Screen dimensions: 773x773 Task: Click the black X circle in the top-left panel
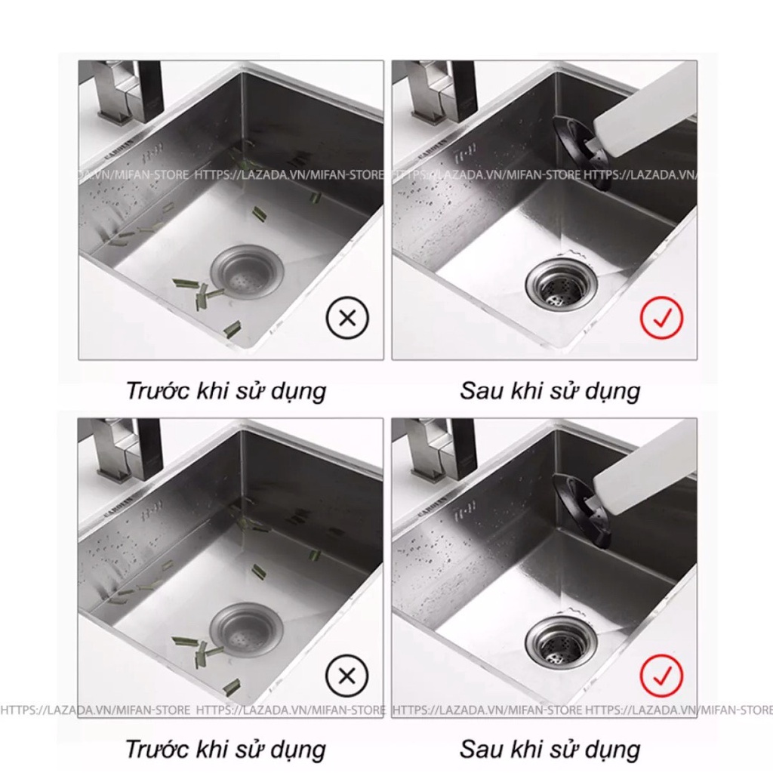(347, 318)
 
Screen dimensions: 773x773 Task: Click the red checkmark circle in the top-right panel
(661, 317)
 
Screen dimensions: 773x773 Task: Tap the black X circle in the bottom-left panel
(347, 676)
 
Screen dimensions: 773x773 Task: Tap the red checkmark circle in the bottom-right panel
(661, 675)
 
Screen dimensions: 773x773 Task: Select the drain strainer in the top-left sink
(245, 271)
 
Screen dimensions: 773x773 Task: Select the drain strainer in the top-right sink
(562, 285)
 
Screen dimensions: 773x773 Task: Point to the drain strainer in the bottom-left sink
(245, 629)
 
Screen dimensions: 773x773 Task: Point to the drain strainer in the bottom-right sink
(562, 642)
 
